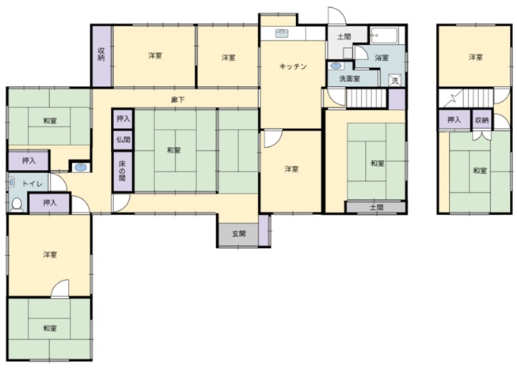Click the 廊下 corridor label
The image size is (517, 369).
[177, 100]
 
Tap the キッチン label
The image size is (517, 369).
[293, 66]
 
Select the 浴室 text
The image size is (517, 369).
[382, 58]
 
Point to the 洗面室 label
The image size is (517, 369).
[349, 79]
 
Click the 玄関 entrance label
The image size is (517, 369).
[239, 234]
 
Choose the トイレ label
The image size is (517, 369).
[32, 183]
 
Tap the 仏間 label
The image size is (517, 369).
[124, 140]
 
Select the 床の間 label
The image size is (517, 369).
[123, 171]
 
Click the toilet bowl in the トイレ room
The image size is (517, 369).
[17, 205]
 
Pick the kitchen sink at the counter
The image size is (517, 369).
[282, 33]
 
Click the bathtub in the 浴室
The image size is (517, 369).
[385, 36]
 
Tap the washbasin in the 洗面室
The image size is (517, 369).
[336, 66]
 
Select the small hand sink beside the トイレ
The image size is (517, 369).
[81, 168]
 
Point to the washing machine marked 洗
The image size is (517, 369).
[395, 81]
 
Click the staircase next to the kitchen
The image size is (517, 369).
[366, 98]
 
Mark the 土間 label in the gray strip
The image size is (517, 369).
[377, 208]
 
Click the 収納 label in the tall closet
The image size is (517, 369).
[101, 55]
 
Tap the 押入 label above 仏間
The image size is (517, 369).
[124, 119]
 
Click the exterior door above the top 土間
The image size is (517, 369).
[337, 16]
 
